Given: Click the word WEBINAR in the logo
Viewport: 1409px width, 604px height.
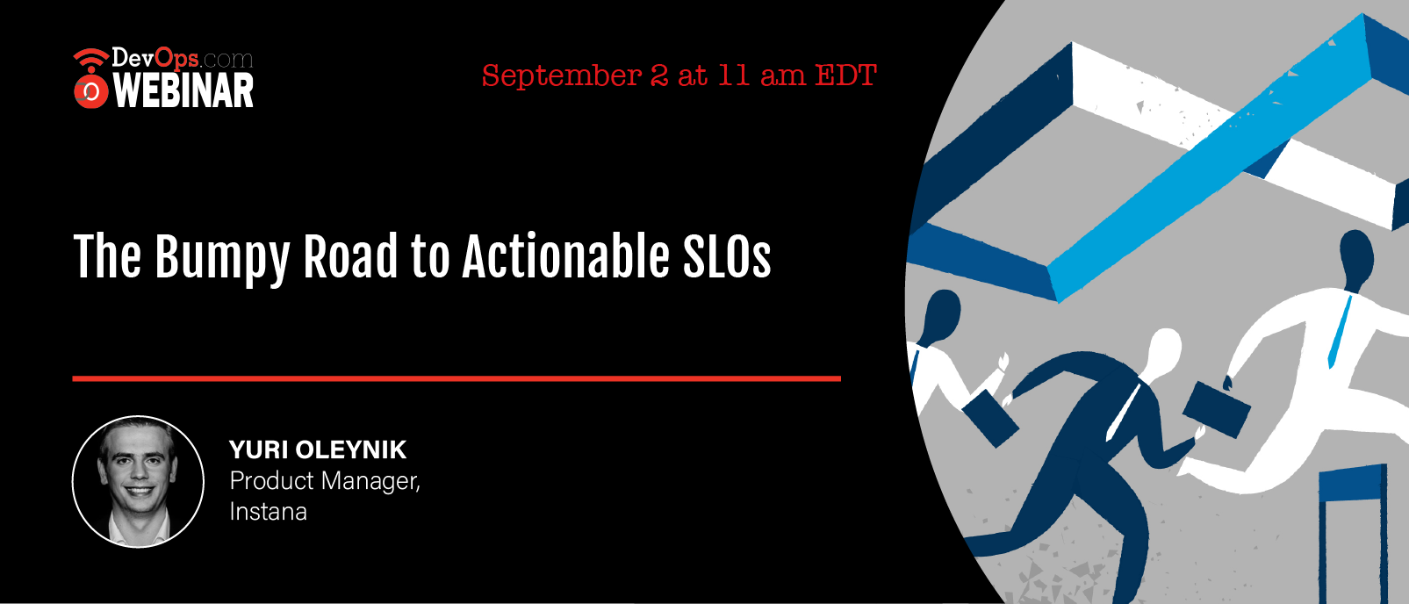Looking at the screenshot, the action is pos(183,90).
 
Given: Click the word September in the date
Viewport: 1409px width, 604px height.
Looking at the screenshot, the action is pos(562,76).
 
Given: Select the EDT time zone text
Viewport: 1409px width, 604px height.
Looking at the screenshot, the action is pos(845,75).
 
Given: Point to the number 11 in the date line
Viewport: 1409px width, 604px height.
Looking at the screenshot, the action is pos(733,75).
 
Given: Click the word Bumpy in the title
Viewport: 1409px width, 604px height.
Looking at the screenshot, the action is pos(222,258).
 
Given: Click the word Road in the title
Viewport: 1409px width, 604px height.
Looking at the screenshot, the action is pos(350,255).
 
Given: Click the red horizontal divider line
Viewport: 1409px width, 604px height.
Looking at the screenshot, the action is pos(456,378).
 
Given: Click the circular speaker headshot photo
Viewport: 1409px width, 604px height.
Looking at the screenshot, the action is pos(139,481).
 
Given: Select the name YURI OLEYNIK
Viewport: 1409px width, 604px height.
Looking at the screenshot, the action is pos(318,449).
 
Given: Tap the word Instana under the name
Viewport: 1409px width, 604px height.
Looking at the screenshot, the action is pos(268,512).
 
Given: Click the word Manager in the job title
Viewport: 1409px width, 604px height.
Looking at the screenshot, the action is pos(371,481).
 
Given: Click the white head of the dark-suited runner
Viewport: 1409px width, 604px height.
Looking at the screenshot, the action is pos(1163,353).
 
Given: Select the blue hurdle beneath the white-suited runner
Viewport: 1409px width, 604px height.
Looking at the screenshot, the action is pos(1353,534).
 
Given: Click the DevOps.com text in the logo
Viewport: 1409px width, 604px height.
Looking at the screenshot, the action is pos(183,59).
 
